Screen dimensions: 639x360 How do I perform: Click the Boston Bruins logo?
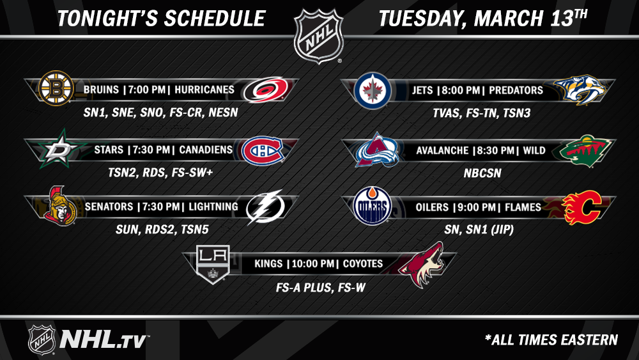pyautogui.click(x=56, y=88)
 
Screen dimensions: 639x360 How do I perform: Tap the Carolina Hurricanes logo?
pyautogui.click(x=265, y=90)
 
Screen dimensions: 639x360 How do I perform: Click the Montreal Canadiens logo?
pyautogui.click(x=263, y=150)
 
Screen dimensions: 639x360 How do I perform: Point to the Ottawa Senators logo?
pyautogui.click(x=60, y=207)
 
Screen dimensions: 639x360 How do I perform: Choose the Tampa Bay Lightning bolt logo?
pyautogui.click(x=265, y=207)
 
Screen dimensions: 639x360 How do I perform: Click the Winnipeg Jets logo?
pyautogui.click(x=373, y=91)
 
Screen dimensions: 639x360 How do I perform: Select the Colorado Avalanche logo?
pyautogui.click(x=376, y=150)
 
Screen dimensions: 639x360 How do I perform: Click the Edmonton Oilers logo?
pyautogui.click(x=372, y=206)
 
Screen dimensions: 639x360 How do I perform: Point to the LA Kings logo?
pyautogui.click(x=213, y=263)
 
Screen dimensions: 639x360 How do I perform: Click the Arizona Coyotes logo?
pyautogui.click(x=421, y=264)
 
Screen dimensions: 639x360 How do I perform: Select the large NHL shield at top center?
pyautogui.click(x=319, y=36)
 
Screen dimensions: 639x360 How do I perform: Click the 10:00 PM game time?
pyautogui.click(x=313, y=264)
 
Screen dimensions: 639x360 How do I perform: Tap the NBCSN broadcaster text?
pyautogui.click(x=482, y=173)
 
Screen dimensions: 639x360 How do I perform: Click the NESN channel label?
pyautogui.click(x=223, y=113)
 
